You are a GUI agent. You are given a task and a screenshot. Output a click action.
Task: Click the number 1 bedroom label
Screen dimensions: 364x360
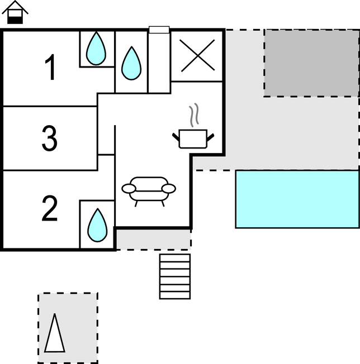[x=50, y=68]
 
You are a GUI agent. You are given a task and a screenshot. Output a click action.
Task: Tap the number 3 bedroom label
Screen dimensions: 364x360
[x=50, y=138]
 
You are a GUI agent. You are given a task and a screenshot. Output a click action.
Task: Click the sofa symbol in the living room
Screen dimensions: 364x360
[x=148, y=188]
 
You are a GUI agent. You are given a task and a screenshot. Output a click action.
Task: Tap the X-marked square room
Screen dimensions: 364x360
[x=197, y=56]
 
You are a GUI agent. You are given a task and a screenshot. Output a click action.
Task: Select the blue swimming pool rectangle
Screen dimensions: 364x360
[x=297, y=199]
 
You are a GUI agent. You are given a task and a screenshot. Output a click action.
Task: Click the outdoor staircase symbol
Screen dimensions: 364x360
[x=175, y=276]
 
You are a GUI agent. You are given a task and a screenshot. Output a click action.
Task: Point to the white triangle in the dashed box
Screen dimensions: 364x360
[x=55, y=333]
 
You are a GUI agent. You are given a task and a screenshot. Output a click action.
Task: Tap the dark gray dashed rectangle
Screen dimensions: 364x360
[x=311, y=63]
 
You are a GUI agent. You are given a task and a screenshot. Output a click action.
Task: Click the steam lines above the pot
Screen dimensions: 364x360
[x=195, y=116]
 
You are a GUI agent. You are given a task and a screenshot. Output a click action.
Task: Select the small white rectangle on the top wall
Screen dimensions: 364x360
[x=159, y=30]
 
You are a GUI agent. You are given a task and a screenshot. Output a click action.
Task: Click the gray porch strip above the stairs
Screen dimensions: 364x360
[x=153, y=239]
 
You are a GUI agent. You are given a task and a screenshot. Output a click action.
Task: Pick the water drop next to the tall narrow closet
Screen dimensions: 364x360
[x=131, y=62]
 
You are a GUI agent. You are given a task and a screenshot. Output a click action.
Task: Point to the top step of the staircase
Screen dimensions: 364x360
[x=175, y=258]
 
